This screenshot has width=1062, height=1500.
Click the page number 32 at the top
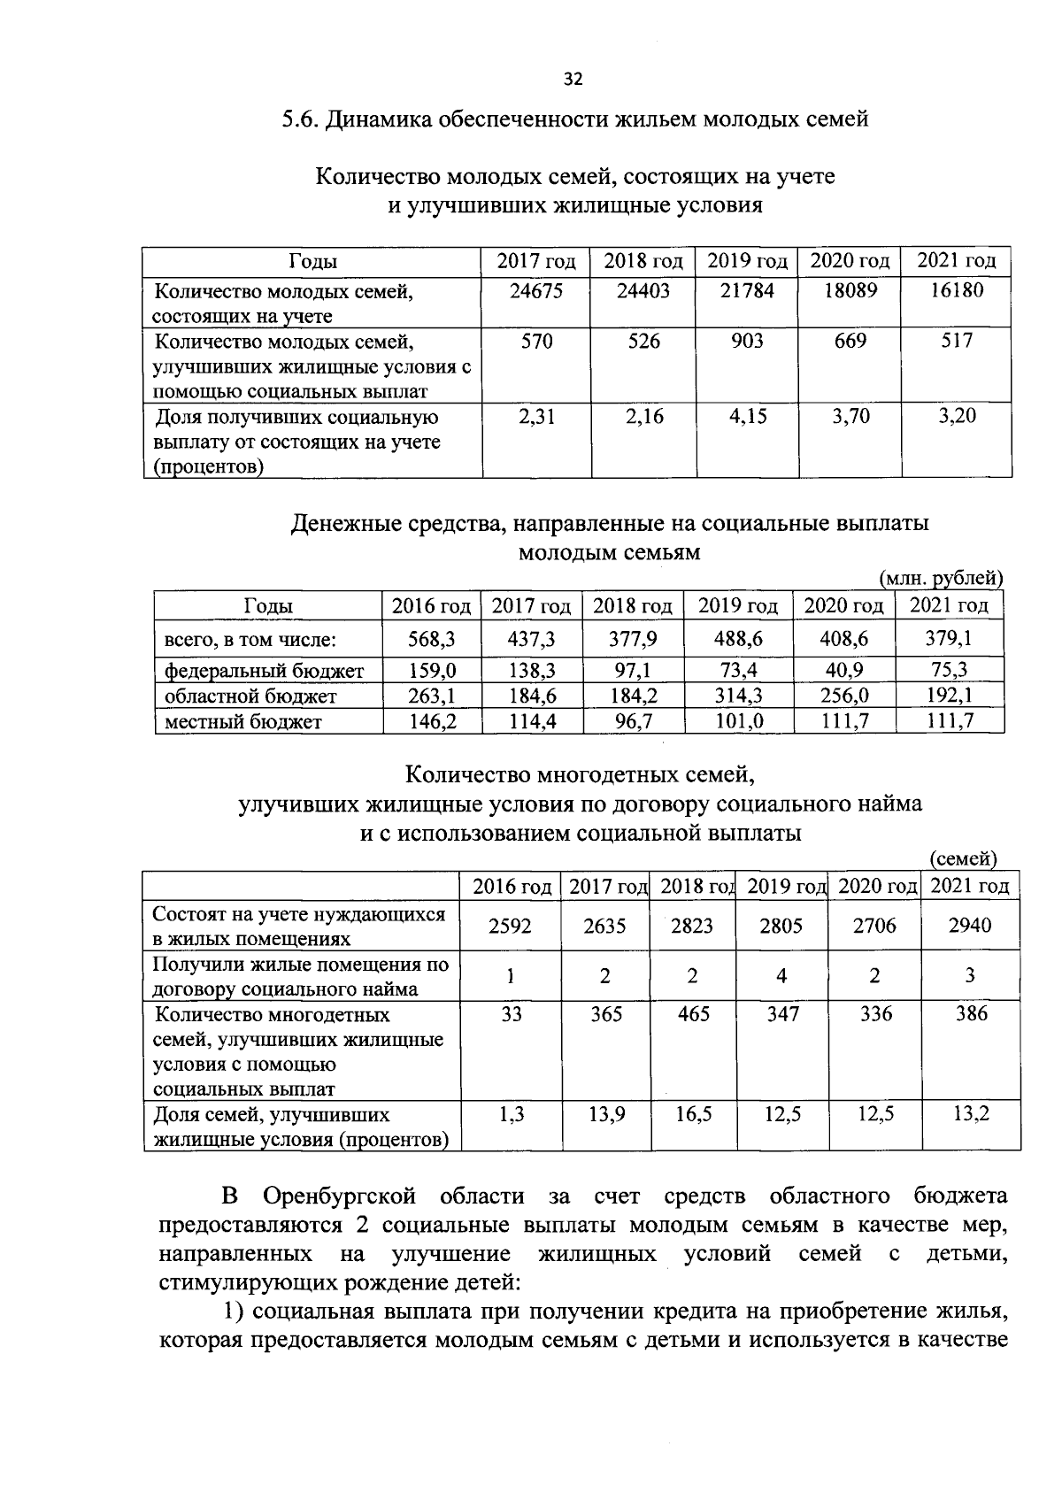(573, 80)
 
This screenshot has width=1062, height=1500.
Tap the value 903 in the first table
(747, 342)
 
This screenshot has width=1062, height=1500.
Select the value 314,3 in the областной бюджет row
(738, 696)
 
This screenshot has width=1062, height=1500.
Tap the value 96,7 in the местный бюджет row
(634, 722)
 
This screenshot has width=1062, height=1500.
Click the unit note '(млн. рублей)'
(941, 579)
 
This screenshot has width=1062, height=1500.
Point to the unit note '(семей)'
(964, 858)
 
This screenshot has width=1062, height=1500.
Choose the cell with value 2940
(969, 926)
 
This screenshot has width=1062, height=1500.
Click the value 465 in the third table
(693, 1014)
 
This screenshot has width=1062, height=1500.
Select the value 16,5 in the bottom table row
(693, 1115)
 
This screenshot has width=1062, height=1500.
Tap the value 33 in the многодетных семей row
(511, 1014)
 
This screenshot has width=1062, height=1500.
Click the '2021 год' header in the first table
(956, 261)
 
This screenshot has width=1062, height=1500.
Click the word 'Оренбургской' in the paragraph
(340, 1197)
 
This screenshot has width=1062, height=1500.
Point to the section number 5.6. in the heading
(299, 119)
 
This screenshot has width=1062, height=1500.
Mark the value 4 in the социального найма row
(781, 976)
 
